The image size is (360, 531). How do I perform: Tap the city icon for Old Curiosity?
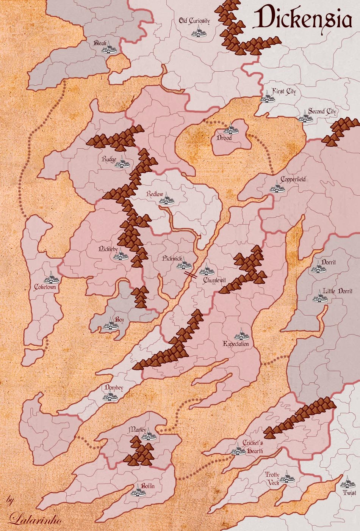199,33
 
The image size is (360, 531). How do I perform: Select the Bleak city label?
100,43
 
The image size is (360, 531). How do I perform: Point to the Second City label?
322,111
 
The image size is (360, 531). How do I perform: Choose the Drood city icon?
230,129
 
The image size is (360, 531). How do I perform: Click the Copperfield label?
293,179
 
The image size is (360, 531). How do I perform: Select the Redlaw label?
155,194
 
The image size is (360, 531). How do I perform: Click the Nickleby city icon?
121,255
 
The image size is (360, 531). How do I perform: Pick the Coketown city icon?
51,278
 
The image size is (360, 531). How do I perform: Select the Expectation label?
236,344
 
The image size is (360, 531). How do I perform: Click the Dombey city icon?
110,396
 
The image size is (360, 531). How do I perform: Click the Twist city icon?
347,483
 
